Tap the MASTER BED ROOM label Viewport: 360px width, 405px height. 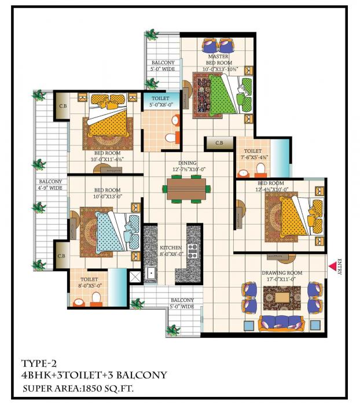pos(219,60)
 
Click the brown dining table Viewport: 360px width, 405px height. pos(186,189)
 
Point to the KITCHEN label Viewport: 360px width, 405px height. pos(171,247)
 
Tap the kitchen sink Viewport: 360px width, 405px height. pos(152,271)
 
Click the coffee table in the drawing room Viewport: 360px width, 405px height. pos(284,297)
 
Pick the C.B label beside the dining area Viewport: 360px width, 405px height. pos(220,143)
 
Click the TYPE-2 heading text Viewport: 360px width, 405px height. pos(38,363)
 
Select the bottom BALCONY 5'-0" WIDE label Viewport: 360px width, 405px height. pos(182,303)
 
